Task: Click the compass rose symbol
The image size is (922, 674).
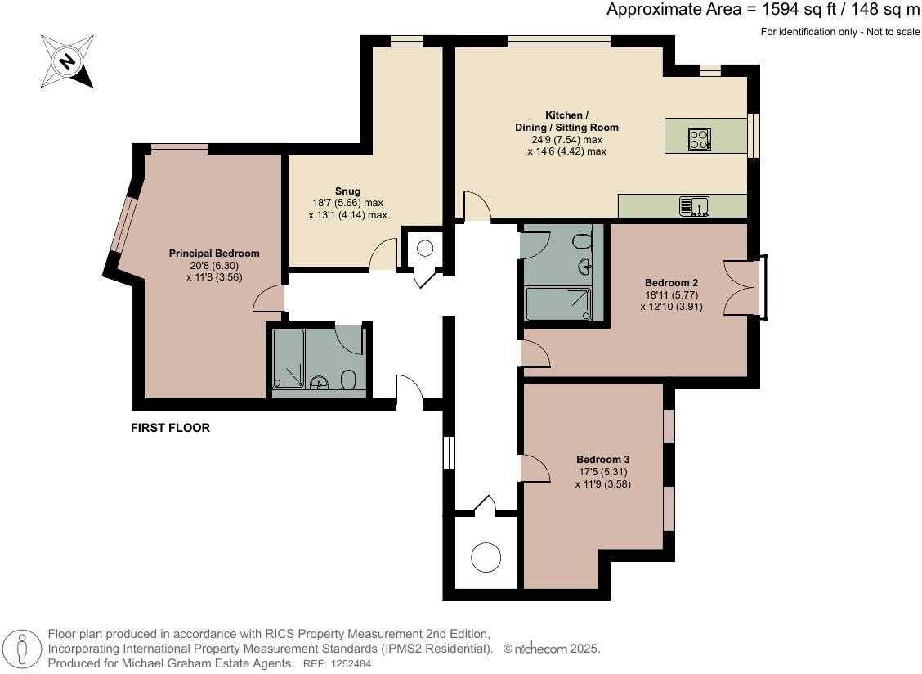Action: tap(67, 61)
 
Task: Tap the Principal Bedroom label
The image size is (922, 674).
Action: tap(214, 254)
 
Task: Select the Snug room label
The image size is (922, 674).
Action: tap(347, 191)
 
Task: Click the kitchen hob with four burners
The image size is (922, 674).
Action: tap(700, 139)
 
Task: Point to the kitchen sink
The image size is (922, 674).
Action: tap(694, 206)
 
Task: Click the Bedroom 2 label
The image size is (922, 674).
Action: tap(671, 283)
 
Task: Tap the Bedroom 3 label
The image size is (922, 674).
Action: tap(602, 460)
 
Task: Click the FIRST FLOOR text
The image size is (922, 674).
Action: tap(170, 428)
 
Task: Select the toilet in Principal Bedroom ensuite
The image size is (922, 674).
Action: tap(348, 380)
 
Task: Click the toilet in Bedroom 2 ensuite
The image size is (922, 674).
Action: tap(583, 242)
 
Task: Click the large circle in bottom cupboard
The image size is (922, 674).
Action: tap(486, 558)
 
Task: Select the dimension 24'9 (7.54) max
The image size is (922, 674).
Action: tap(566, 140)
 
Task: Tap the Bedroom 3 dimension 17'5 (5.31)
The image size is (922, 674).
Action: tap(602, 472)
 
